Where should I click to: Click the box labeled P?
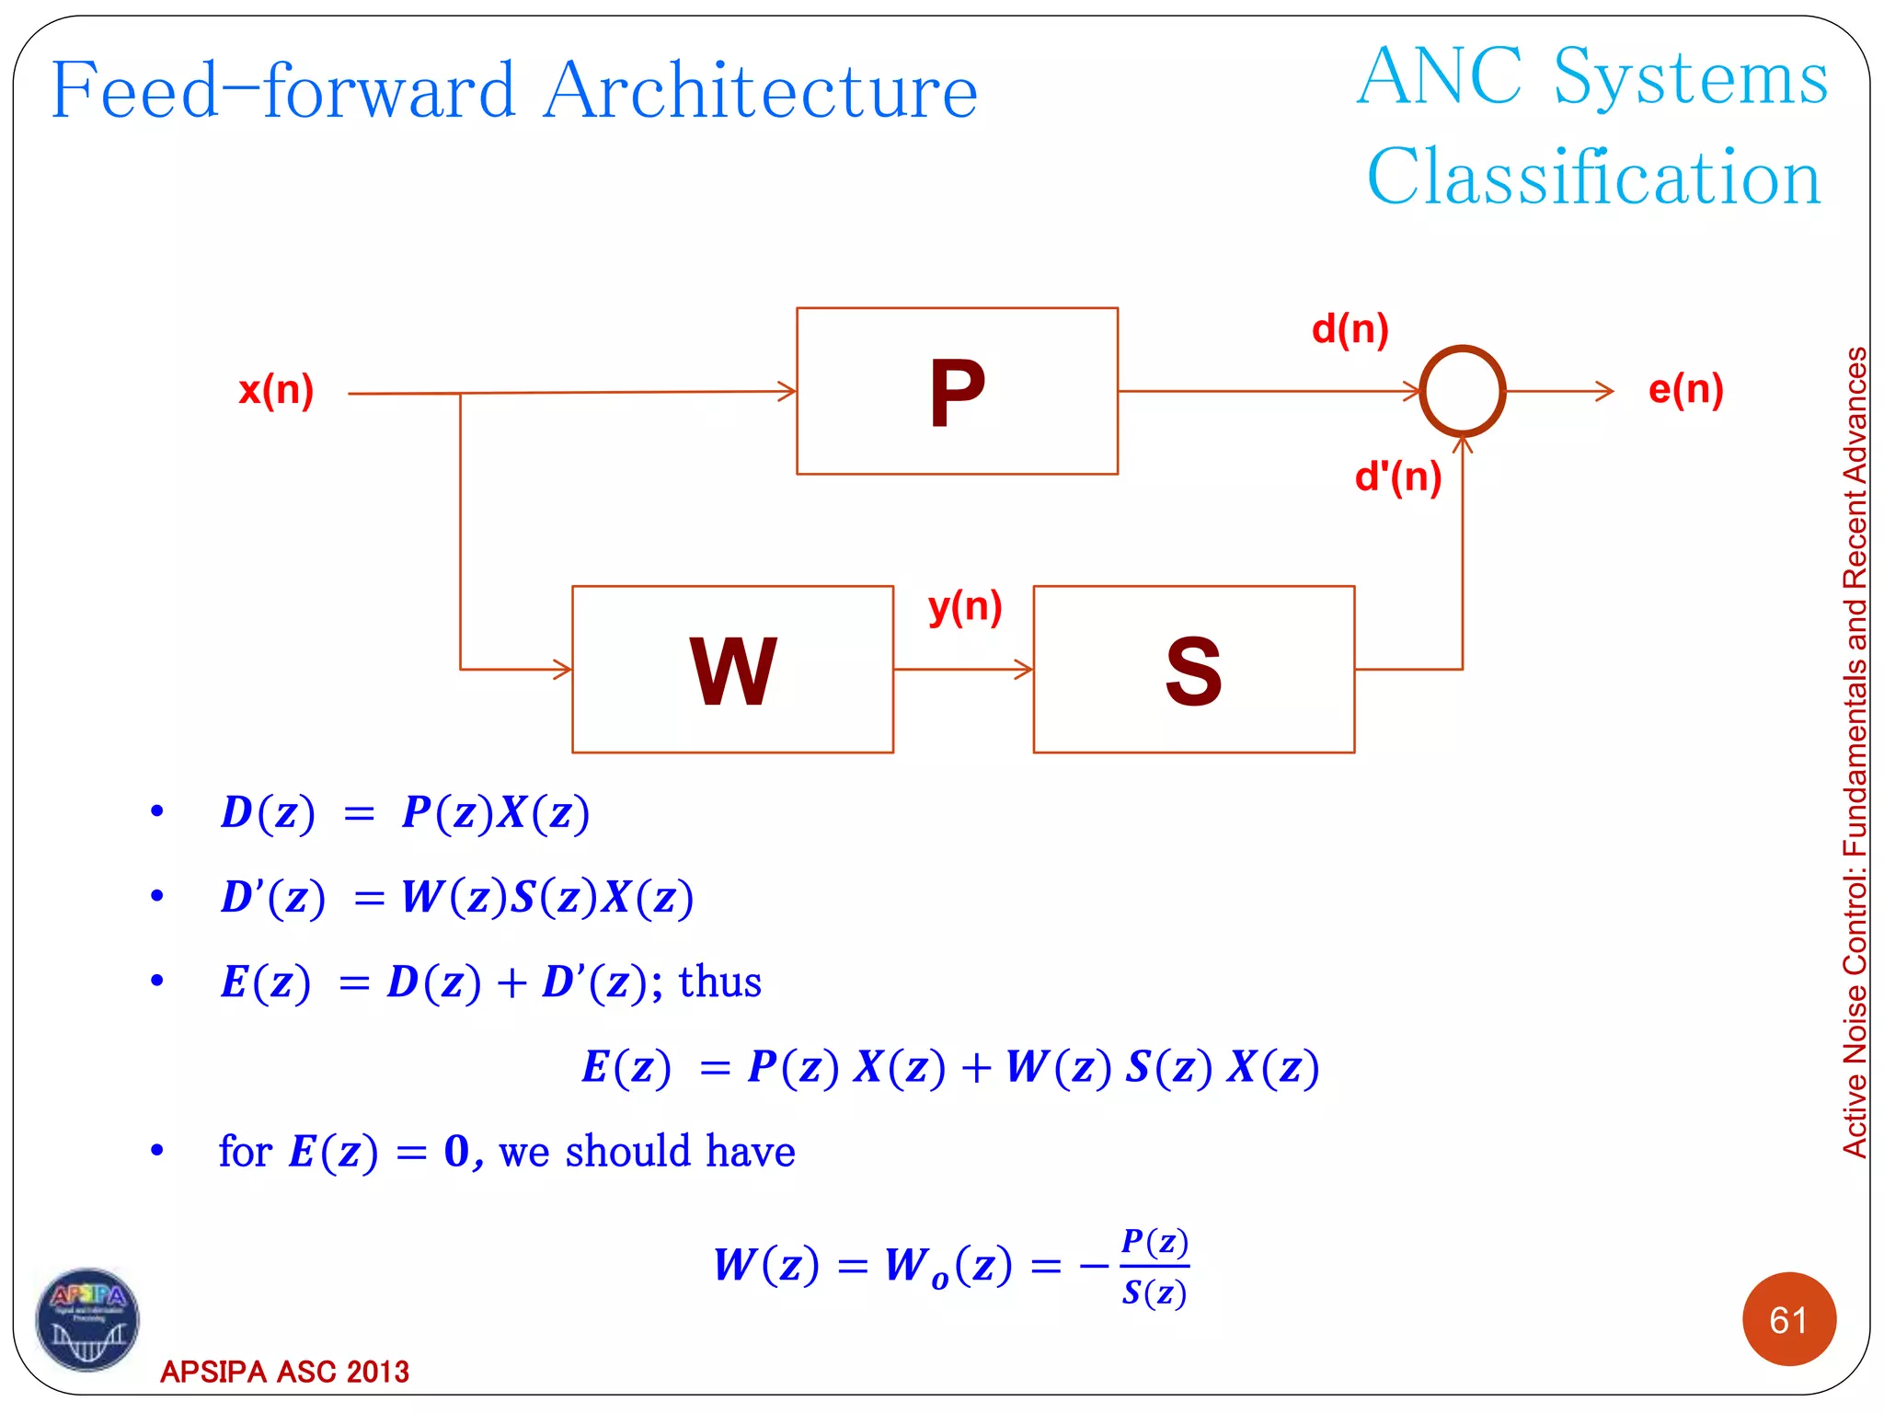click(x=957, y=391)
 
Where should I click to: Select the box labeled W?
click(x=732, y=670)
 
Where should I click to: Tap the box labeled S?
click(x=1193, y=670)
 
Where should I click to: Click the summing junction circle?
click(x=1462, y=391)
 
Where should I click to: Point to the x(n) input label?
click(x=276, y=390)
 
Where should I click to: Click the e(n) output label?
click(x=1685, y=389)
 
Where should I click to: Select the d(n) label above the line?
click(x=1350, y=329)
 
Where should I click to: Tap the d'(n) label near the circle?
click(x=1397, y=477)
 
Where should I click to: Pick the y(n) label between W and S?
click(x=964, y=607)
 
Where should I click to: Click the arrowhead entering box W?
click(x=563, y=670)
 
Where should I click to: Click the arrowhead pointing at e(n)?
click(x=1605, y=391)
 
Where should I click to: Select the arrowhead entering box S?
click(x=1024, y=670)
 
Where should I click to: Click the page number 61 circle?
click(x=1788, y=1320)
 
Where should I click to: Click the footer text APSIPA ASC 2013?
click(x=284, y=1372)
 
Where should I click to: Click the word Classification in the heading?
click(x=1593, y=177)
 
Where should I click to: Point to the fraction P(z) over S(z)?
click(x=1155, y=1267)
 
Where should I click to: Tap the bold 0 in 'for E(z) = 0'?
click(x=456, y=1151)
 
